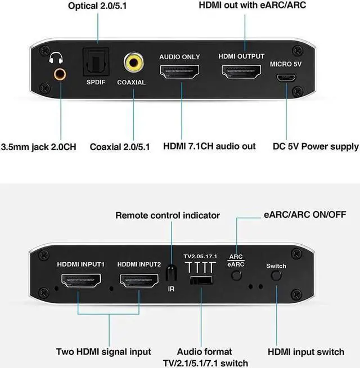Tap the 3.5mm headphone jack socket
58,73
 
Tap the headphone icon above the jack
57,58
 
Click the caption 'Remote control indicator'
168,216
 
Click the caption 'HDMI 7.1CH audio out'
209,146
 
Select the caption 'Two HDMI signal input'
103,352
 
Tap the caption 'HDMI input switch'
305,352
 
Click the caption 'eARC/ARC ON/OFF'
305,215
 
